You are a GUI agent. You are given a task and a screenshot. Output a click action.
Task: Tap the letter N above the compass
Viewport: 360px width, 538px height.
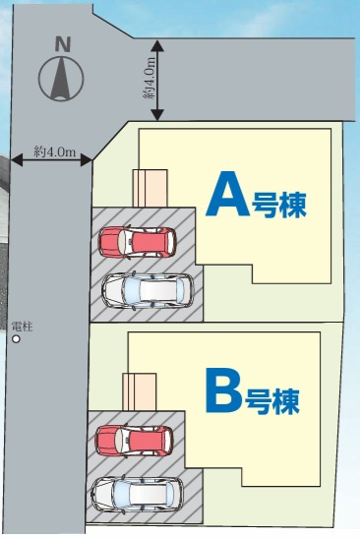click(x=64, y=43)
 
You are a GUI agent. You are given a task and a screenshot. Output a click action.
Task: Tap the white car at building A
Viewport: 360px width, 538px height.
click(x=149, y=290)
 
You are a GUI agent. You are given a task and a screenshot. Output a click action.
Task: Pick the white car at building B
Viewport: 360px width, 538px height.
click(x=137, y=492)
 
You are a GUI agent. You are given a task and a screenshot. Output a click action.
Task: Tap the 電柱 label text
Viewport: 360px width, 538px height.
click(x=21, y=326)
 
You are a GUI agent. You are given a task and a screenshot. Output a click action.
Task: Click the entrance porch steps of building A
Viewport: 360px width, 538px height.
click(x=150, y=187)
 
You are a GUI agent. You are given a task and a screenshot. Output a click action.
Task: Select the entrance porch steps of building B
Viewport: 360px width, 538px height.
click(x=139, y=390)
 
